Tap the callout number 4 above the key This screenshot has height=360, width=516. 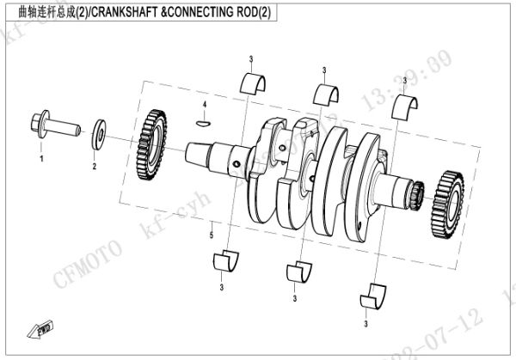tap(205, 105)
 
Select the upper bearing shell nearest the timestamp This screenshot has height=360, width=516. tap(404, 107)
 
